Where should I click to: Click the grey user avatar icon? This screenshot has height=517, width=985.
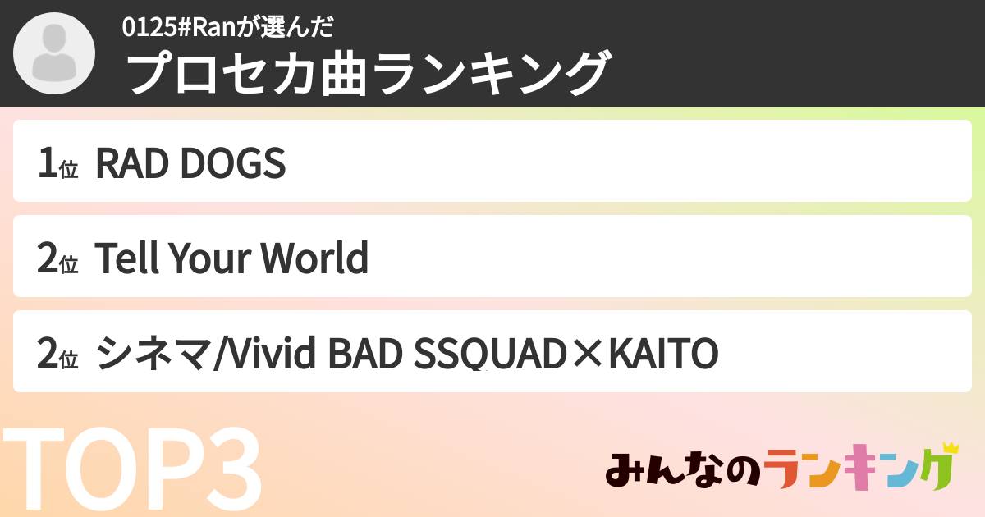click(x=54, y=54)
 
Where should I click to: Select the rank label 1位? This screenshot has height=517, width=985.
click(x=57, y=164)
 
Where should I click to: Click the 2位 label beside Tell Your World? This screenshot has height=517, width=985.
click(x=57, y=259)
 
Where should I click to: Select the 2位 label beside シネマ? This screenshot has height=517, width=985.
click(x=57, y=355)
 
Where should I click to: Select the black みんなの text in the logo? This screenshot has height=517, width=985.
click(x=681, y=472)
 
